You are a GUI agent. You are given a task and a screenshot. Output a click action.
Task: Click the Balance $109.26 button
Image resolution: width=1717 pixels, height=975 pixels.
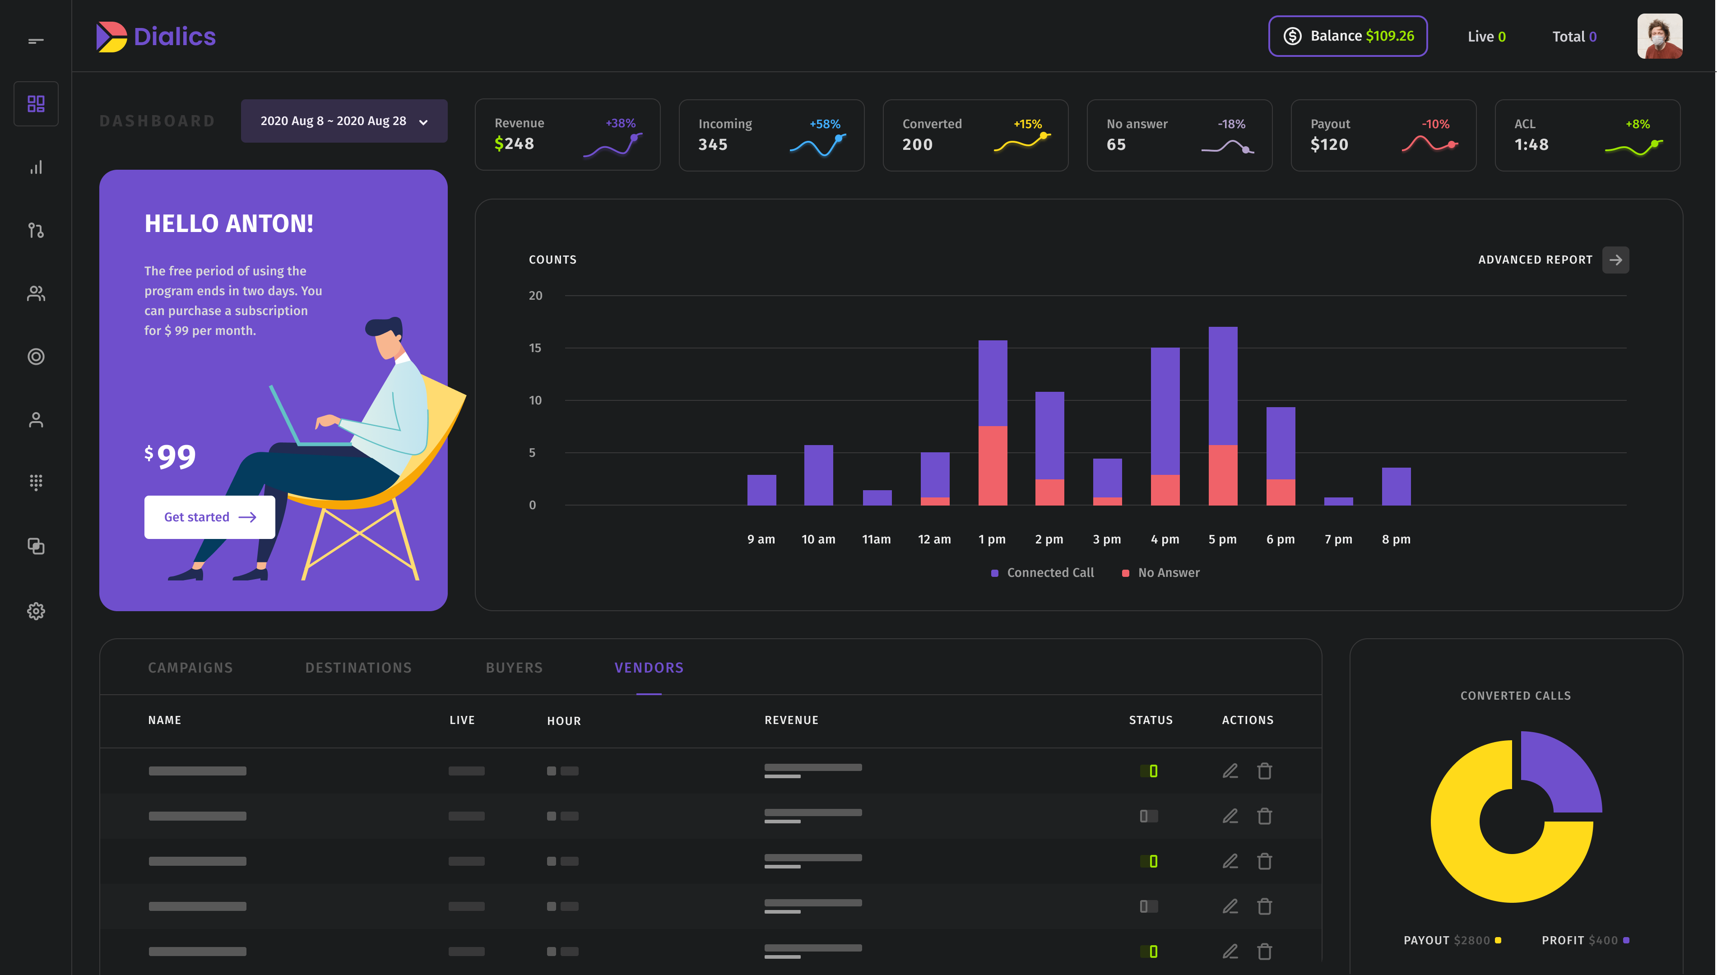(x=1347, y=36)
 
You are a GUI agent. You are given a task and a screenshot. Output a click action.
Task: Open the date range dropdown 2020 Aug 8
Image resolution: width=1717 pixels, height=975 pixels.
(x=343, y=121)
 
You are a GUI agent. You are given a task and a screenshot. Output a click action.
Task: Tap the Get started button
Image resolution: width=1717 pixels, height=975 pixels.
(x=209, y=517)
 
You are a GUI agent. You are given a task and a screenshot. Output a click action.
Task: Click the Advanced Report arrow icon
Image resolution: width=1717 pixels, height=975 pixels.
(x=1615, y=260)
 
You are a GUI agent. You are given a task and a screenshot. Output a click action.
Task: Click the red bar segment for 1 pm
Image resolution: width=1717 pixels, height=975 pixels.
(x=992, y=465)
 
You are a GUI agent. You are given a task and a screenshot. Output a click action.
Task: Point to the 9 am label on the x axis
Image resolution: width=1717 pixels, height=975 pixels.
(x=761, y=539)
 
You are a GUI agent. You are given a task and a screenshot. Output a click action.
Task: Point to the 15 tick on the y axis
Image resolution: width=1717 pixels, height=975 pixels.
(x=535, y=348)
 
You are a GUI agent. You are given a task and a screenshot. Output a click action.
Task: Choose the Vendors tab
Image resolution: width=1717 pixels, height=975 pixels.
(x=649, y=668)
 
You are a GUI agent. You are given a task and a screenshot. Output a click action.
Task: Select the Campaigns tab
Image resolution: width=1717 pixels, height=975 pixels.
(x=190, y=668)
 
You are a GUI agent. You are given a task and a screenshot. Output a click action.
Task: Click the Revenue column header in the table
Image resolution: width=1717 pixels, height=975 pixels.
(x=791, y=720)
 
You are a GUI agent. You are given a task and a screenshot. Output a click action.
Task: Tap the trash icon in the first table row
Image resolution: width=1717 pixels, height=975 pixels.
(x=1264, y=771)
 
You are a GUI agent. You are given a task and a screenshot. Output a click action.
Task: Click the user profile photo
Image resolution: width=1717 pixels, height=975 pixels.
(x=1659, y=36)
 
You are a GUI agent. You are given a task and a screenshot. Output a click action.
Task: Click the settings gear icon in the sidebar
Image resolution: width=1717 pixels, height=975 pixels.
(x=36, y=611)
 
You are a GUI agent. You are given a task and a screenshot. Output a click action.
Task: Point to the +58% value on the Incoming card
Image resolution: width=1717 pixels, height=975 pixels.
(x=825, y=124)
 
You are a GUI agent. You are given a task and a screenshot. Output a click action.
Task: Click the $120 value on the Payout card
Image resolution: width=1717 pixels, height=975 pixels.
(x=1329, y=144)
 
